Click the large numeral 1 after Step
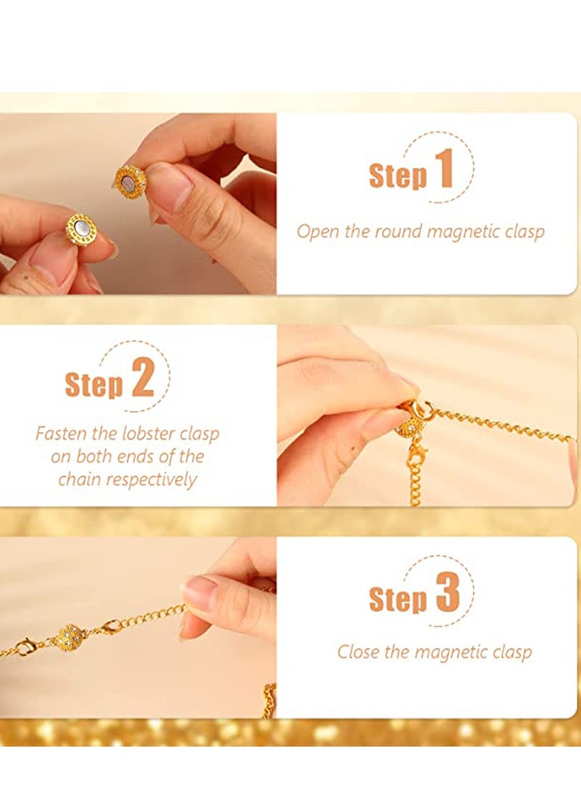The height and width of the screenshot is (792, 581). point(444,168)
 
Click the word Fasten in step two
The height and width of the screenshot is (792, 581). point(61,434)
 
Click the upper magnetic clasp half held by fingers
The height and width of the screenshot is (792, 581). point(131,181)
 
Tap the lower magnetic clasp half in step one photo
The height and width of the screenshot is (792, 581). point(81,229)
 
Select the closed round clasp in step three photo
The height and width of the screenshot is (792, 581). point(70,637)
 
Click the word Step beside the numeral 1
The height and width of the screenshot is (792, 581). point(398,176)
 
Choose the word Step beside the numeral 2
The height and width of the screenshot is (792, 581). point(94,385)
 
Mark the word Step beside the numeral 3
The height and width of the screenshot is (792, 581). point(398,600)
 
